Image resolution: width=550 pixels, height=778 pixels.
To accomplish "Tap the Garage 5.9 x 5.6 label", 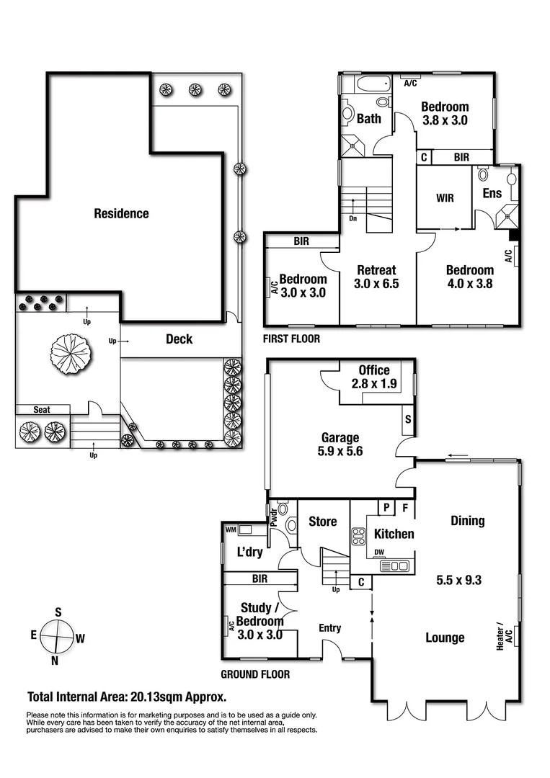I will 341,444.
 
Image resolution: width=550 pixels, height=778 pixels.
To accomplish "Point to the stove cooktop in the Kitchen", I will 358,535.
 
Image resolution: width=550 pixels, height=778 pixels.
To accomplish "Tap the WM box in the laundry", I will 231,530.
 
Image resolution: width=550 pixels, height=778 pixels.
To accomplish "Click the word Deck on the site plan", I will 179,339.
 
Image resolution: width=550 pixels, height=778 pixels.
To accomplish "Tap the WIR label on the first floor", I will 445,198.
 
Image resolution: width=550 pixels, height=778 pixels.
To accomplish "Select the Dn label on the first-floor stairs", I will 352,218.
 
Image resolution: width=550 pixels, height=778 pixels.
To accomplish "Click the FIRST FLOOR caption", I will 292,339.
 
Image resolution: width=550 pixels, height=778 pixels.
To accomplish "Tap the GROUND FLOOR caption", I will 256,675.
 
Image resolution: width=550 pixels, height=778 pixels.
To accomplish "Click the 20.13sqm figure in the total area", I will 157,697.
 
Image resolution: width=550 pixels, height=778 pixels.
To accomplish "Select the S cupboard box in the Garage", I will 408,419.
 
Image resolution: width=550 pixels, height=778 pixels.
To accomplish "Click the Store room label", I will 322,521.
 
